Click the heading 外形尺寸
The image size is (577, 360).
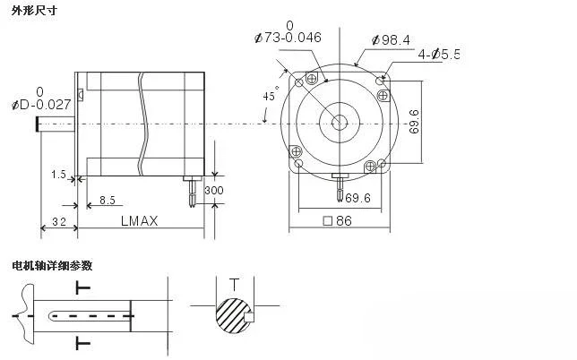point(34,10)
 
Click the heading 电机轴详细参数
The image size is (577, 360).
point(52,265)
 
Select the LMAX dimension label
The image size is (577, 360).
point(140,220)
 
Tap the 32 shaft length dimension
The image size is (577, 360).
point(59,221)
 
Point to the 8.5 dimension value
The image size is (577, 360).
point(108,200)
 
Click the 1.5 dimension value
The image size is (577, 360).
point(58,175)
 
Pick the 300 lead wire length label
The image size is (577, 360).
point(214,190)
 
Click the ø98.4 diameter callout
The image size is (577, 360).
point(391,39)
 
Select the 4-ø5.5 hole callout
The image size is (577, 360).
point(439,55)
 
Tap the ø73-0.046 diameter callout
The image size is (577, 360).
point(288,37)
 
